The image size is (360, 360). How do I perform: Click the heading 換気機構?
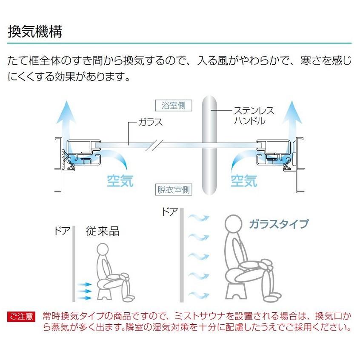point(35,31)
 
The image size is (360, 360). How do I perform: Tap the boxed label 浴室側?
point(174,106)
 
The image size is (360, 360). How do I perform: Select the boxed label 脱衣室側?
point(174,190)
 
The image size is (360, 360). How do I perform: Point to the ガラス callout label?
point(150,122)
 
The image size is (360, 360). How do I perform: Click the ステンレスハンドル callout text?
point(254,115)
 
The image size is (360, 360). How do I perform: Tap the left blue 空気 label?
point(120,180)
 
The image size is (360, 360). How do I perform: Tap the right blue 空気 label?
point(244,180)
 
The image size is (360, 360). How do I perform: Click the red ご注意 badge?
point(21,317)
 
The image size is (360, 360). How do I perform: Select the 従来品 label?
point(103,231)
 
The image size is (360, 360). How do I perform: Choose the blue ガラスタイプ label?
point(279,224)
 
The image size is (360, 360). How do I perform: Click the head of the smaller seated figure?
point(103,249)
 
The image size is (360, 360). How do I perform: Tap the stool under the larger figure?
point(236,291)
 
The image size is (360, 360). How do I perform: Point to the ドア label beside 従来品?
point(62,231)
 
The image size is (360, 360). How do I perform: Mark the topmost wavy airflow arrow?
point(199,217)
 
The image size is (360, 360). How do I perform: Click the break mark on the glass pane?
point(154,145)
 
